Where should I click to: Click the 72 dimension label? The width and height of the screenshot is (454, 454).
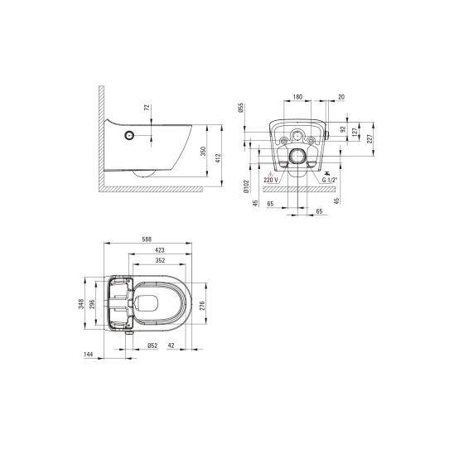147,108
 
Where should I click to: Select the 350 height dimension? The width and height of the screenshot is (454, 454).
203,151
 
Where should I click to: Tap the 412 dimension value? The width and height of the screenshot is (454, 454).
218,158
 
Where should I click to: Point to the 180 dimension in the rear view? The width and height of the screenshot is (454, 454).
297,96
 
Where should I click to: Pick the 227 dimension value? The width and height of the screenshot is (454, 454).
369,139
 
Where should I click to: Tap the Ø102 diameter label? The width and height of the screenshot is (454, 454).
246,186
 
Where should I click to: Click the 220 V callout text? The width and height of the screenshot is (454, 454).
271,180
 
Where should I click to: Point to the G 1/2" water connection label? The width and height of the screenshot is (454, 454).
330,180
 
